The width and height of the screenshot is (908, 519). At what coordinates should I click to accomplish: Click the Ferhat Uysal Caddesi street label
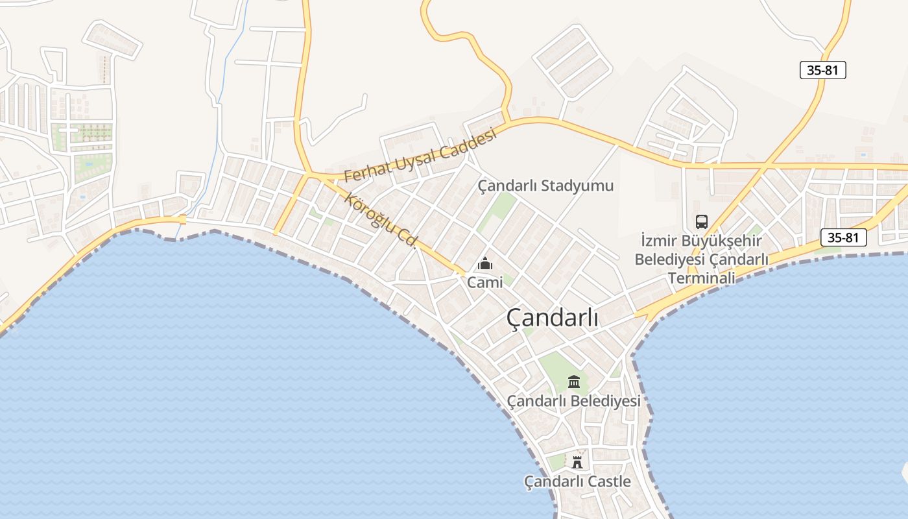pos(420,156)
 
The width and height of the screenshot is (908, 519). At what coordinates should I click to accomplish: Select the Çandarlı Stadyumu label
pos(545,186)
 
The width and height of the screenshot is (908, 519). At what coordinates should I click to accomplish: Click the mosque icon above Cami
pos(485,264)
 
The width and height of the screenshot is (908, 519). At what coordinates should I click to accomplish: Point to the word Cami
pos(485,283)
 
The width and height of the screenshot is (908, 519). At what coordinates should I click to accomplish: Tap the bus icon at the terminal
pos(701,222)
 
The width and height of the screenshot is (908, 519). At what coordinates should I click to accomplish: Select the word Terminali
pos(701,278)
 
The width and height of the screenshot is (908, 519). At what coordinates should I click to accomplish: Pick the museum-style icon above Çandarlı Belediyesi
pos(574,381)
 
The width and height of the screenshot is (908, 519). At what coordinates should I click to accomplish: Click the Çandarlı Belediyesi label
pos(573,401)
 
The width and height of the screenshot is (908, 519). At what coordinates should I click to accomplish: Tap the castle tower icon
pos(577,462)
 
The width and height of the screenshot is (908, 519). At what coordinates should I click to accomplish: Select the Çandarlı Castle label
pos(577,481)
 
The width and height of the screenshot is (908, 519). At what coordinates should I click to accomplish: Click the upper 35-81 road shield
pos(822,70)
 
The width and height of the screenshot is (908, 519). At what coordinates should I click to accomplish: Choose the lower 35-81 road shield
pos(843,237)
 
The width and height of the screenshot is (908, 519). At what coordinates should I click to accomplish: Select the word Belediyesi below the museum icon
pos(609,401)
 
